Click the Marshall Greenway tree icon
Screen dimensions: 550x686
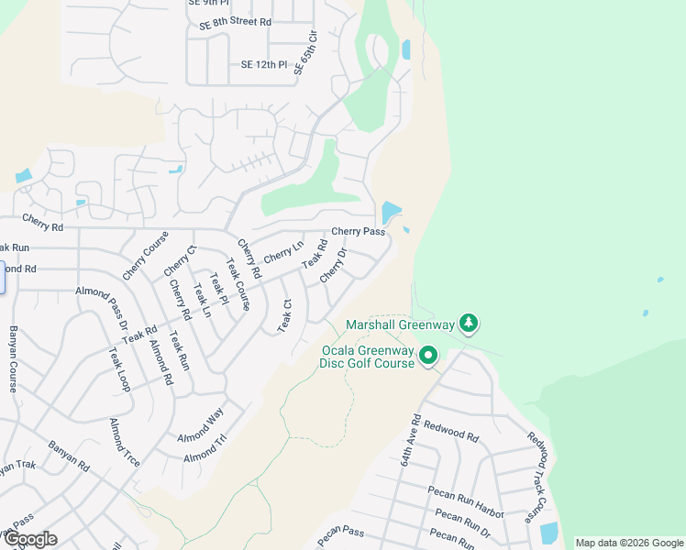pos(469,323)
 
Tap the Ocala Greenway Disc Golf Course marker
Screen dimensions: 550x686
pos(428,356)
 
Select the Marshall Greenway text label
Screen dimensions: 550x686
pos(400,324)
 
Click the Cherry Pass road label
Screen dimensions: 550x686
pos(358,232)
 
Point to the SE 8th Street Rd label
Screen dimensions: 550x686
pos(236,21)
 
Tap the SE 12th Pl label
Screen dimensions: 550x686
pos(264,65)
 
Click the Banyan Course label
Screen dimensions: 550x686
pos(14,358)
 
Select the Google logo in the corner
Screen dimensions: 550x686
pos(29,538)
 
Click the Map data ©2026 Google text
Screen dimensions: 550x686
pos(629,543)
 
